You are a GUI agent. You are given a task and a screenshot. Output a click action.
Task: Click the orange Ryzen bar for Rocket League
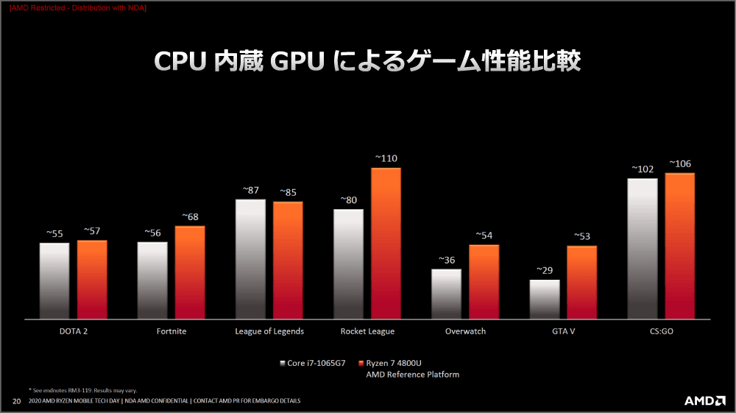click(x=386, y=243)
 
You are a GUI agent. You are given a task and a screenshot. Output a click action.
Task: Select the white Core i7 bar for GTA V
click(x=545, y=300)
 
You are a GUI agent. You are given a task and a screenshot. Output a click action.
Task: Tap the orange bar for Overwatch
click(x=484, y=281)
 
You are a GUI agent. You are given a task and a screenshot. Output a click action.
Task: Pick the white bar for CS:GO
click(x=643, y=249)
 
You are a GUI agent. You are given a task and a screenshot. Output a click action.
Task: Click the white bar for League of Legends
click(x=251, y=259)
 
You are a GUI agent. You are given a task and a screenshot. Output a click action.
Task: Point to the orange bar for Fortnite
click(x=190, y=272)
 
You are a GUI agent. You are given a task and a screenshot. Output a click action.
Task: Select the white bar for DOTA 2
click(x=54, y=280)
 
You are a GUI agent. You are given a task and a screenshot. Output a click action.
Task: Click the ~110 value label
click(x=386, y=158)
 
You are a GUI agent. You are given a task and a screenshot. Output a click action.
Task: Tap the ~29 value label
click(x=545, y=270)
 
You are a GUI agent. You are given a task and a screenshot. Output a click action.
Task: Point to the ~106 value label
click(x=680, y=163)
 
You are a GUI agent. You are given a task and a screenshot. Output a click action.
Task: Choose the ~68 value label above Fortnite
click(x=190, y=217)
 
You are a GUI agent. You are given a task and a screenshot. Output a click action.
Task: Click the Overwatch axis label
click(x=466, y=331)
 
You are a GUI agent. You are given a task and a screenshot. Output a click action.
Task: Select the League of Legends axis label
click(x=269, y=331)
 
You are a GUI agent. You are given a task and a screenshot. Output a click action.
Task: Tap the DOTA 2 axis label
click(x=74, y=331)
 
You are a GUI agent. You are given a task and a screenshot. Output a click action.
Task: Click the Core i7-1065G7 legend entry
click(x=313, y=363)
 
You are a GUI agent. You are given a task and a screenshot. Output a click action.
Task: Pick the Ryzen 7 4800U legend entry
click(x=389, y=363)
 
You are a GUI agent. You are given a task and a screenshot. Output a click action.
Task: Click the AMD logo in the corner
click(x=705, y=400)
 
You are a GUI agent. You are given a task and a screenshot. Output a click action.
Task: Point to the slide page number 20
click(x=16, y=401)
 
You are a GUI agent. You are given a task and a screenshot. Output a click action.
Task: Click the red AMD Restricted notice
click(x=78, y=8)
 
